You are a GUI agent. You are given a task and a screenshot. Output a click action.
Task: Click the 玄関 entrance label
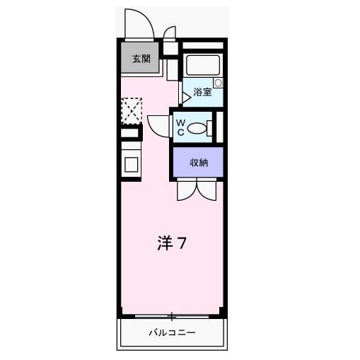coord(140,59)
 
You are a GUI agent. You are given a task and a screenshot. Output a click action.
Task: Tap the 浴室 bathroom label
coord(202,91)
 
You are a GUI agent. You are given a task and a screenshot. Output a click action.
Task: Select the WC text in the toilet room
coord(181,128)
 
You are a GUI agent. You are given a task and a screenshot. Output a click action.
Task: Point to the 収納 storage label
coord(198,163)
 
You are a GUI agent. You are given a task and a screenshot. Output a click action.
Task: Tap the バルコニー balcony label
coord(171,332)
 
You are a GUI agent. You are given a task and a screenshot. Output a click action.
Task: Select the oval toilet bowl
coord(199,128)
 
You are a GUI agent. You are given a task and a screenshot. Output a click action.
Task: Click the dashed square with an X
coord(131,110)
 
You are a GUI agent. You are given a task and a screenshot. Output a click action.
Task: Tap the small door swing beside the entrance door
coord(170,34)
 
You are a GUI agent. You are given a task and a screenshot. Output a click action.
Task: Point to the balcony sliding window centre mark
coord(171,315)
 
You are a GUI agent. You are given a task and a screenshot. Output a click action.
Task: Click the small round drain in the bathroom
coord(218,83)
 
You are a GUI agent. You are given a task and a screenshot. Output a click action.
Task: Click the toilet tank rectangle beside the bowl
coord(213,128)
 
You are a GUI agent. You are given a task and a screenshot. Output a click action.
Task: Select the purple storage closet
coord(198,163)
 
